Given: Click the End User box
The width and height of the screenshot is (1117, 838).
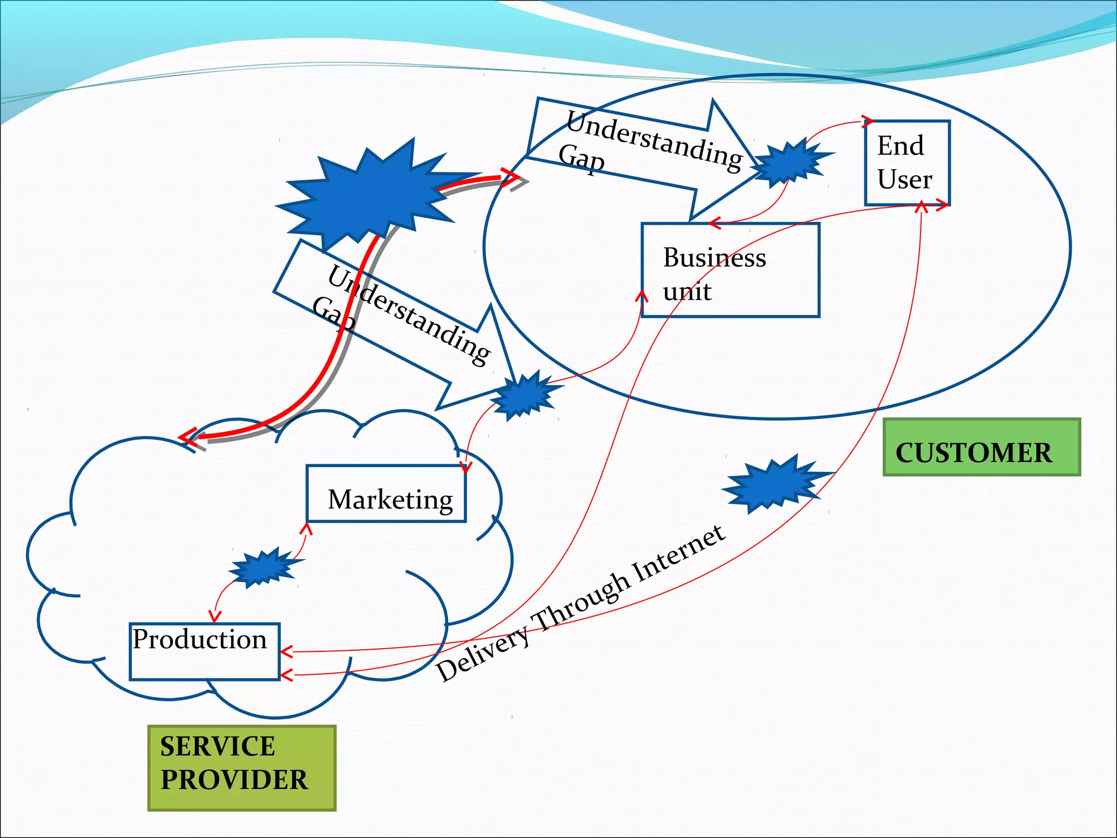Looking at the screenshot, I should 907,163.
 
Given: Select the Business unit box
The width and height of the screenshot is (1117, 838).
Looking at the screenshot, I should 730,270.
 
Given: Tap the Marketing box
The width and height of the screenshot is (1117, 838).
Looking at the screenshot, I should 386,494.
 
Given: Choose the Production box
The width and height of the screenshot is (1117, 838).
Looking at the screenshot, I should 205,651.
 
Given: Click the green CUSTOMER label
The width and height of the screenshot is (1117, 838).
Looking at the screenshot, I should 981,447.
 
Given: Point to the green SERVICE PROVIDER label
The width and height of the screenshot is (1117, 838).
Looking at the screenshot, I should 242,768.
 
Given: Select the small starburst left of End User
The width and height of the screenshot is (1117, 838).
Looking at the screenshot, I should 791,162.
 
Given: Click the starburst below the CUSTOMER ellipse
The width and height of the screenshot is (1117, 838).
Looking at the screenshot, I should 774,483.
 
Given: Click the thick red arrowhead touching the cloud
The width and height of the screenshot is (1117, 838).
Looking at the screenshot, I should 188,438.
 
